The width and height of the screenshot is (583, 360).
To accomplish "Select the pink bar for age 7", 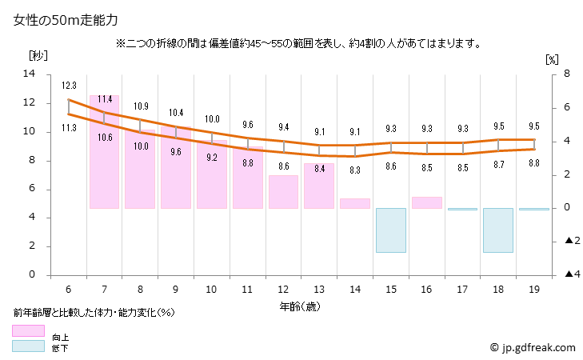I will pyautogui.click(x=104, y=152).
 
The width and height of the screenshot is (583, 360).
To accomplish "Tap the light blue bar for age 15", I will pyautogui.click(x=391, y=230).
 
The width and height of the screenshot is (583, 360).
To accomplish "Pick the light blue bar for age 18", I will pyautogui.click(x=497, y=230).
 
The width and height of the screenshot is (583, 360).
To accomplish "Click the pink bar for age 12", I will pyautogui.click(x=283, y=192).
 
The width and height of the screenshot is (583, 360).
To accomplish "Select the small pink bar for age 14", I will pyautogui.click(x=354, y=203).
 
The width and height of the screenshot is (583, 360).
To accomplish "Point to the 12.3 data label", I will pyautogui.click(x=69, y=86).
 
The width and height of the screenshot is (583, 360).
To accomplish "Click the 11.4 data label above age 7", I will pyautogui.click(x=104, y=99).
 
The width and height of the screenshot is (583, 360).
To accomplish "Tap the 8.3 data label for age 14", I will pyautogui.click(x=355, y=170).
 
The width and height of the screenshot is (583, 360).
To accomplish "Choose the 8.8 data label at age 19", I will pyautogui.click(x=534, y=163).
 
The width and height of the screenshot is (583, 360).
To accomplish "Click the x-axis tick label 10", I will pyautogui.click(x=212, y=289).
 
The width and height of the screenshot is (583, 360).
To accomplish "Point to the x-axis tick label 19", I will pyautogui.click(x=534, y=289).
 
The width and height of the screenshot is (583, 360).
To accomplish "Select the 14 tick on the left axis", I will pyautogui.click(x=30, y=74).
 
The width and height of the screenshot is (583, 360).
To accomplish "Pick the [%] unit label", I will pyautogui.click(x=552, y=59).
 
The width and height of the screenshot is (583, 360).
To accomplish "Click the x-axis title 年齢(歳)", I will pyautogui.click(x=300, y=306).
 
